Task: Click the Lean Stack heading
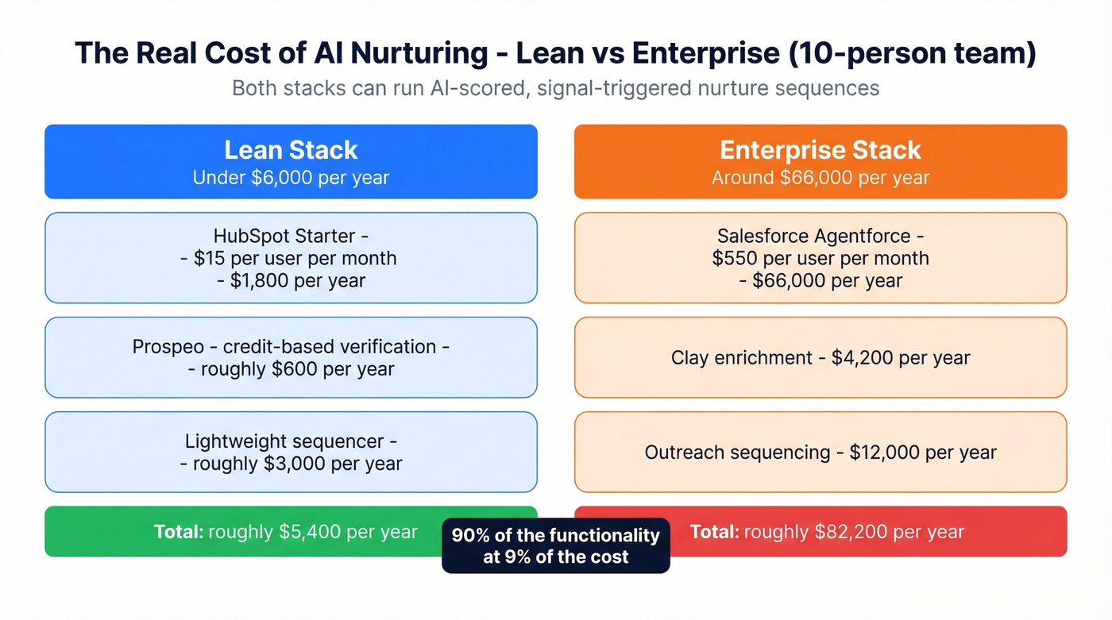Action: coord(291,150)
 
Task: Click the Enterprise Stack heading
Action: coord(820,150)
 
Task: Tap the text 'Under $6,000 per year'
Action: coord(291,177)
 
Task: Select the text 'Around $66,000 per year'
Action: coord(820,177)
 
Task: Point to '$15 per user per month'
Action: coord(295,258)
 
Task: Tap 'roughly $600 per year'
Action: coord(297,369)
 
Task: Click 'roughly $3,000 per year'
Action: coord(297,464)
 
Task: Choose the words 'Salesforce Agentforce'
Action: coord(814,236)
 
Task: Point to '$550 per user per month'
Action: coord(820,258)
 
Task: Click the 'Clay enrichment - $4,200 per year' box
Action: coord(820,357)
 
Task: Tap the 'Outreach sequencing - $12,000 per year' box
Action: coord(820,452)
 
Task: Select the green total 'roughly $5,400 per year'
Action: coord(312,532)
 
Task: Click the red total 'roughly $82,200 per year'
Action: coord(853,532)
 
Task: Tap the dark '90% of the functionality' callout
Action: coord(555,545)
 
